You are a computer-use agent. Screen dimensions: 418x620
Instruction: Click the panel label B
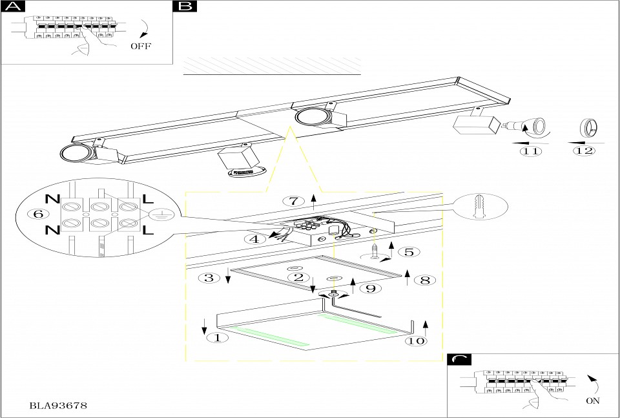coord(185,7)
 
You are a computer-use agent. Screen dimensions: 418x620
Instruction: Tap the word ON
coord(592,401)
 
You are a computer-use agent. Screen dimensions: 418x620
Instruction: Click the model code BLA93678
coord(59,406)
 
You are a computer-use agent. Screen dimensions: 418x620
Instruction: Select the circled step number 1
coord(217,337)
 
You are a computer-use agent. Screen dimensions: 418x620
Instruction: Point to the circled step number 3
coord(209,278)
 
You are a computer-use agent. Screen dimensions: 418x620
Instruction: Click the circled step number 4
coord(255,238)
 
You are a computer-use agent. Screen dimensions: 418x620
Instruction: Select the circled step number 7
coord(293,200)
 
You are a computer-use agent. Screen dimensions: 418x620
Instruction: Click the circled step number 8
coord(425,280)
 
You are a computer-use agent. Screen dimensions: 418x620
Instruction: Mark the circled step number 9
coord(370,288)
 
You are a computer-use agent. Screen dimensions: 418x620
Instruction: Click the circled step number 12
coord(584,151)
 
